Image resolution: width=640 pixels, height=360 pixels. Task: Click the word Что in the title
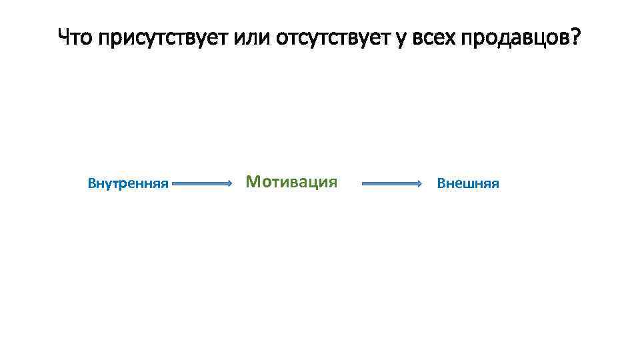coord(75,38)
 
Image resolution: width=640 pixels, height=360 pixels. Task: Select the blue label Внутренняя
coord(128,183)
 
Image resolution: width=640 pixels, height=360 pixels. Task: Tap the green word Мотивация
coord(291,181)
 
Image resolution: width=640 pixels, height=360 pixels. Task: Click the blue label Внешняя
coord(467,183)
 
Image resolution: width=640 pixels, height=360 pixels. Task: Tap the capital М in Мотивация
coord(252,181)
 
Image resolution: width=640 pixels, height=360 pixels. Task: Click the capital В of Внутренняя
coord(91,183)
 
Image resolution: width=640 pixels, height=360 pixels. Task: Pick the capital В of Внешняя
coord(440,183)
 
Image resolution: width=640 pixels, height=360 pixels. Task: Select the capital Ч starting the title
coord(64,38)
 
